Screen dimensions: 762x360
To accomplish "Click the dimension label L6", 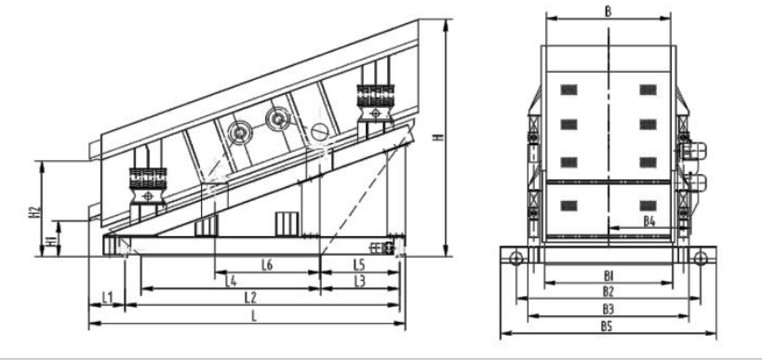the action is click(x=267, y=265).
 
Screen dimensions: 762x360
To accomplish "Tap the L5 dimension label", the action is click(x=359, y=265).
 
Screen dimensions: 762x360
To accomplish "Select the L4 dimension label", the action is click(x=231, y=281).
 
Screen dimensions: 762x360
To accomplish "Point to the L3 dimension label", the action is click(x=360, y=281).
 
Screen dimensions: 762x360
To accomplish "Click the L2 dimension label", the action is click(x=250, y=298).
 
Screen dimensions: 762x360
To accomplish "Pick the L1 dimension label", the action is click(x=107, y=297).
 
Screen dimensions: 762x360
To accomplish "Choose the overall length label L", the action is click(x=254, y=316).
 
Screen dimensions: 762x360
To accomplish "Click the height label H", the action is click(x=438, y=138).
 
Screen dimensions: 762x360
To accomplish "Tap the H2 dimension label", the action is click(x=33, y=211).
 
